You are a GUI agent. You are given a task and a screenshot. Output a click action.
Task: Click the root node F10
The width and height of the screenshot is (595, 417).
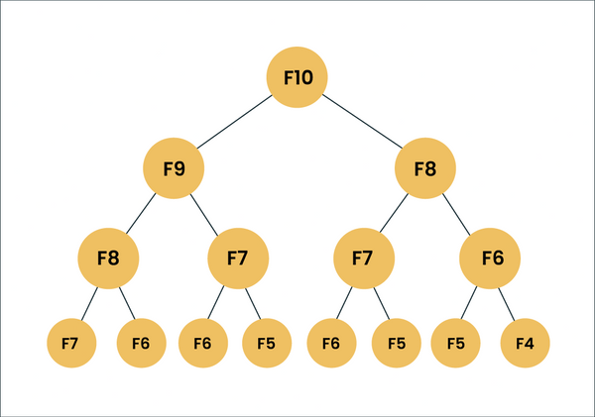click(297, 76)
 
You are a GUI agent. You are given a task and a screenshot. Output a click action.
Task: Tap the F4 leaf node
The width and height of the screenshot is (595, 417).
click(525, 344)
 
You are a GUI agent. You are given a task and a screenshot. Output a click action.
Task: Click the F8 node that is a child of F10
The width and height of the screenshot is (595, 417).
click(424, 167)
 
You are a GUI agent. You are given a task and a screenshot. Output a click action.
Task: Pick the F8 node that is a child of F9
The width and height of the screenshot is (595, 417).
click(108, 259)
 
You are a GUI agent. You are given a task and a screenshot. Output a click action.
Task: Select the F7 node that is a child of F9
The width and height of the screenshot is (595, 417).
click(237, 259)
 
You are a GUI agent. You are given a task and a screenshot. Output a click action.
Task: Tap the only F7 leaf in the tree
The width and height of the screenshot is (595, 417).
click(69, 344)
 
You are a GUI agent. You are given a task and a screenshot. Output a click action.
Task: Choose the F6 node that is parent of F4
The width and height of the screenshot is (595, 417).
click(492, 259)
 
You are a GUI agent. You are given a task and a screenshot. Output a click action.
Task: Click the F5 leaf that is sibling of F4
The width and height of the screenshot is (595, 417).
click(455, 344)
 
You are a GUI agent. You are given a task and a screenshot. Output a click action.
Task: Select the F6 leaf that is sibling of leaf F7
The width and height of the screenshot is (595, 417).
click(140, 344)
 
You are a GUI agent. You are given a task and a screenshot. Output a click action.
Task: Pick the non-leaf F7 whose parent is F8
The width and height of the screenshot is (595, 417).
click(363, 259)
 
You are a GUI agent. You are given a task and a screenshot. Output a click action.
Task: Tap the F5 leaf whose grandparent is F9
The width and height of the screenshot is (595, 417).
click(267, 344)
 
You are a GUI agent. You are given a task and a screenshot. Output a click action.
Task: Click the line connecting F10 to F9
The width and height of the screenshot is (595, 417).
click(235, 122)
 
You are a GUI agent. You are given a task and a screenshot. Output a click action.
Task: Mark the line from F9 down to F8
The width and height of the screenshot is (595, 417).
click(141, 213)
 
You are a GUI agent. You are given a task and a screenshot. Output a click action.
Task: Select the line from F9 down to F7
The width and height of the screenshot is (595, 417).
click(204, 213)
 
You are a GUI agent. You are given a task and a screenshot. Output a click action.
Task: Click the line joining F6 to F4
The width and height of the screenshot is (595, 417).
click(508, 301)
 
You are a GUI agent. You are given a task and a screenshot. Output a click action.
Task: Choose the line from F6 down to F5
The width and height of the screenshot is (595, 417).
click(474, 301)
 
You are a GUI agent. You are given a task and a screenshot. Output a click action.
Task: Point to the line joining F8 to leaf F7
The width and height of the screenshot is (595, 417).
click(89, 301)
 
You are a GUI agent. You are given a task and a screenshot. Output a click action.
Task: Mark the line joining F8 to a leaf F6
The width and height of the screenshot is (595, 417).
click(124, 301)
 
